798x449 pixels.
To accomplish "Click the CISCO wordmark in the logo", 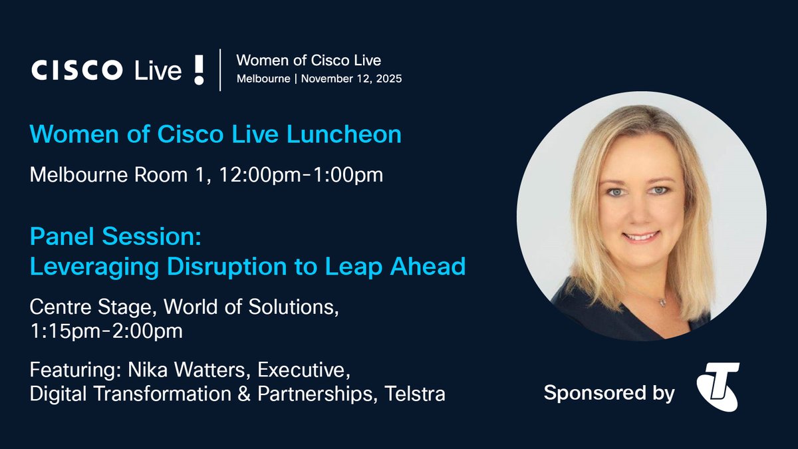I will (x=76, y=70).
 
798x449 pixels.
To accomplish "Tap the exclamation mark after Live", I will (x=199, y=69).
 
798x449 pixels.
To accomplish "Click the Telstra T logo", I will (x=718, y=386).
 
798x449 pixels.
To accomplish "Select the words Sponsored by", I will (x=609, y=393).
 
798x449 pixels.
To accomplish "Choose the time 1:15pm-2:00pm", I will (x=106, y=331).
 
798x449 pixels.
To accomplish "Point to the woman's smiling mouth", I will (x=642, y=236).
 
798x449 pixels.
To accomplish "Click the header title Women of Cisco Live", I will (x=309, y=61).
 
